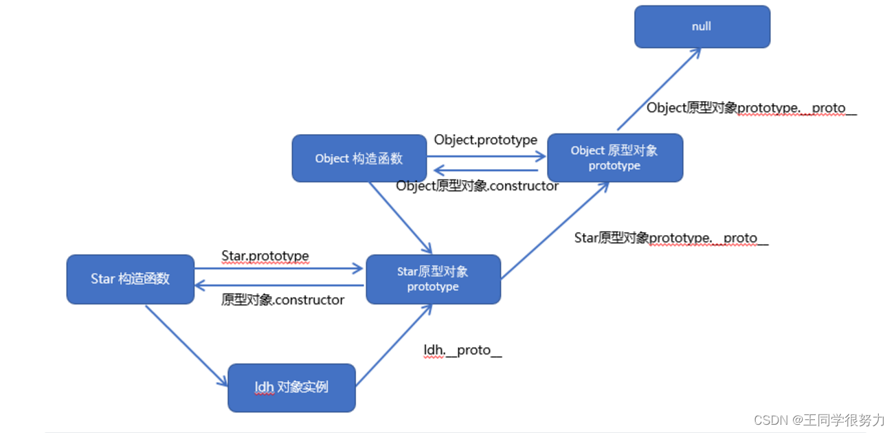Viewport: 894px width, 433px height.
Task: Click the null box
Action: [x=702, y=27]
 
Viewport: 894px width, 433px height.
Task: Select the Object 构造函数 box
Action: [x=359, y=159]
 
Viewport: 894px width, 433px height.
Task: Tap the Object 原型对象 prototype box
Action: [x=615, y=158]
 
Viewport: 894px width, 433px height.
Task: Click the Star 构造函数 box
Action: [x=131, y=279]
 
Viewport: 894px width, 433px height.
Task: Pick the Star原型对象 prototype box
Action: [x=434, y=279]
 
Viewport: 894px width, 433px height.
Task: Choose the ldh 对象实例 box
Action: [x=292, y=388]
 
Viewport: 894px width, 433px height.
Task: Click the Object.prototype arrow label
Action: [x=486, y=140]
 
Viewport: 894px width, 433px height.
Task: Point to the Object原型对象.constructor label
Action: [x=478, y=186]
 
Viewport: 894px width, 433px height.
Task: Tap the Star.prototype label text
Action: [x=265, y=256]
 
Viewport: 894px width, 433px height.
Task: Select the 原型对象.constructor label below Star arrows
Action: [x=283, y=300]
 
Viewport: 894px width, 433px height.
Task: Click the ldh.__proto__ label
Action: [x=463, y=351]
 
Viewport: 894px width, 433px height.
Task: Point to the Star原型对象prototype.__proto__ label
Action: [x=671, y=238]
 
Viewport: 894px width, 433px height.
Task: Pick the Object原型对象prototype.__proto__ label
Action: [x=752, y=108]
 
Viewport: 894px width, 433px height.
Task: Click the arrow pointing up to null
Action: [x=659, y=89]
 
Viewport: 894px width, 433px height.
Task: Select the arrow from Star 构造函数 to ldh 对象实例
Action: [x=186, y=346]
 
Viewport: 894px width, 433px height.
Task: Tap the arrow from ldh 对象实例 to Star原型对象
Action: [x=394, y=345]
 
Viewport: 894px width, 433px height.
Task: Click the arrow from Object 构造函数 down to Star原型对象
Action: [x=401, y=218]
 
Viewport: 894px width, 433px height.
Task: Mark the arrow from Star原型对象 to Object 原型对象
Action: [x=555, y=230]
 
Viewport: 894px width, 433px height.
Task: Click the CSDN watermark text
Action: [x=819, y=420]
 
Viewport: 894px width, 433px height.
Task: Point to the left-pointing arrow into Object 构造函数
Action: [x=486, y=170]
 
